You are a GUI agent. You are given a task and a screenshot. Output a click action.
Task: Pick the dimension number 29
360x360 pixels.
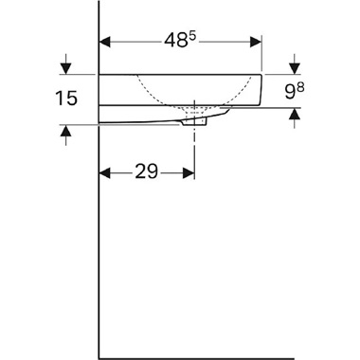point(146,173)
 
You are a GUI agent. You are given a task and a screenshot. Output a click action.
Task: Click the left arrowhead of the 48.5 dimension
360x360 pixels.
point(106,43)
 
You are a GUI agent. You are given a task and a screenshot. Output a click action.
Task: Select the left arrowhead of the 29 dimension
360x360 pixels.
point(106,173)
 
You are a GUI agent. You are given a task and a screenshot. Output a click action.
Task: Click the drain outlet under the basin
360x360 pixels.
point(194,121)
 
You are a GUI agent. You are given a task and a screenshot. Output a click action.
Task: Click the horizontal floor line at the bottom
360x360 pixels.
point(208,358)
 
